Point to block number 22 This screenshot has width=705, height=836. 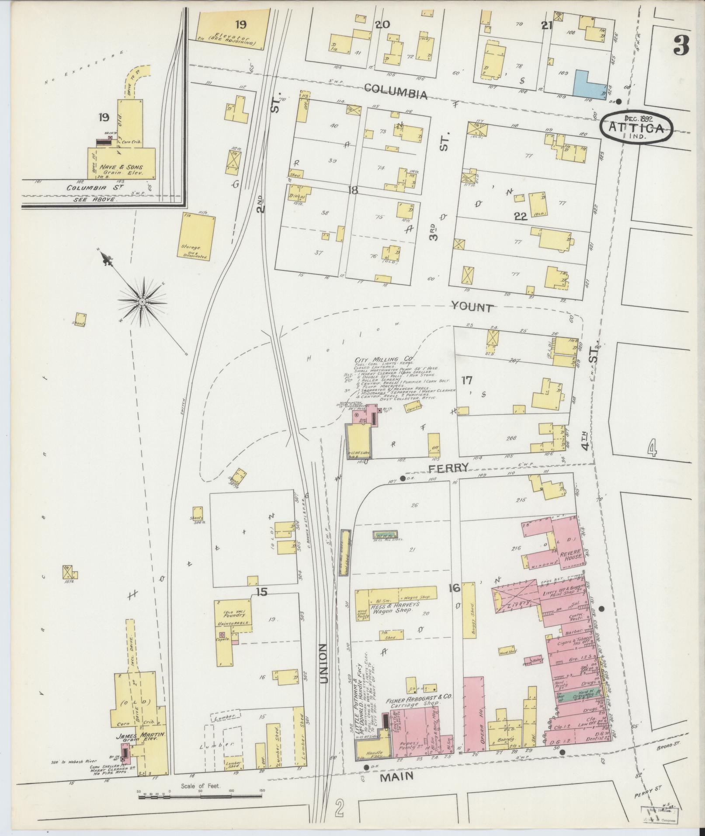click(521, 216)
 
